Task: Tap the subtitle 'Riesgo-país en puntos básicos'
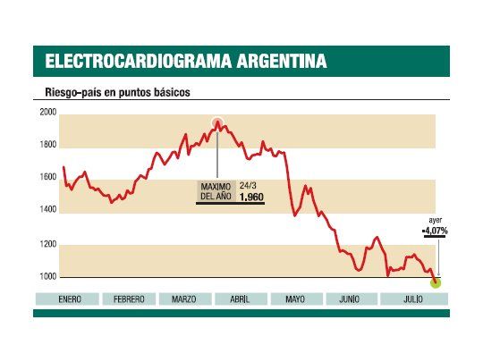click(x=116, y=92)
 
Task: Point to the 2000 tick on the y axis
click(x=47, y=113)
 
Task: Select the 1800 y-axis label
click(x=47, y=145)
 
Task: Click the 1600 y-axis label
click(x=47, y=177)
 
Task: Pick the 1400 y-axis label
click(x=47, y=210)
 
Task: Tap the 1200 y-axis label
click(x=47, y=244)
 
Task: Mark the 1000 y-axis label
click(x=47, y=277)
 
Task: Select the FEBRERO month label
click(x=129, y=299)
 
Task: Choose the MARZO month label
click(x=184, y=299)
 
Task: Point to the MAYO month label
click(x=295, y=299)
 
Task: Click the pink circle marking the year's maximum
click(x=217, y=123)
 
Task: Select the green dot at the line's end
click(x=436, y=282)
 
